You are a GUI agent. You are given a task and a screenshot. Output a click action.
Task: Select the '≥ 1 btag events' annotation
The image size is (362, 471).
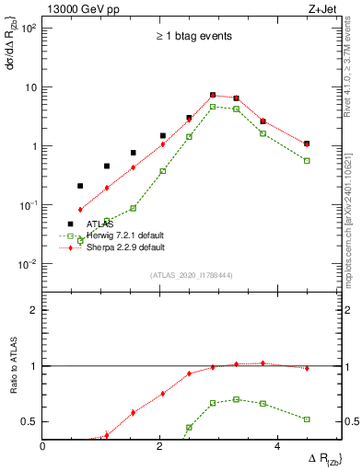pos(193,37)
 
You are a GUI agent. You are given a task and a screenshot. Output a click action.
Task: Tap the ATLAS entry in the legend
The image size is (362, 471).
pos(100,224)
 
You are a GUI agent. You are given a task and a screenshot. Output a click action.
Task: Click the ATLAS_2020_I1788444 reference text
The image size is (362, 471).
pos(192,275)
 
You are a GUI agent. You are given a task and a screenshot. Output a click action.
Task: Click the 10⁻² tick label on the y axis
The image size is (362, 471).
pos(27,264)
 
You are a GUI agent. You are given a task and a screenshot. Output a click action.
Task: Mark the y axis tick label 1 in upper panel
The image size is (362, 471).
pos(34,146)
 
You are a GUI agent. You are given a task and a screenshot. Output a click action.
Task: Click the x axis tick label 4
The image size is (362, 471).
pos(276,446)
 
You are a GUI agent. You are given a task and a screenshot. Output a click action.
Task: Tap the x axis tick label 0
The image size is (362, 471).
pos(43,446)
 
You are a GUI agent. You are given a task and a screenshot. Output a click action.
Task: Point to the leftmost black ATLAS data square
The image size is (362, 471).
pos(80,186)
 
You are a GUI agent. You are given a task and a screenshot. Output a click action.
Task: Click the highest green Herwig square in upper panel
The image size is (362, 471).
pos(213,107)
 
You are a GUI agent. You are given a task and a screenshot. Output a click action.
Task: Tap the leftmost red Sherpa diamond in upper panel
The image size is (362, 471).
pos(80,210)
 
